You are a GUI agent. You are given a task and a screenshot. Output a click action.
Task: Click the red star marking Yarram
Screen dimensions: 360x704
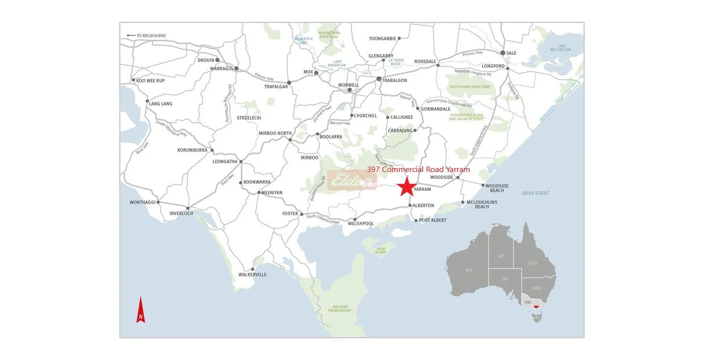[x=406, y=187]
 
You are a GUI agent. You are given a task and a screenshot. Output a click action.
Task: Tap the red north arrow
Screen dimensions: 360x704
[x=141, y=310]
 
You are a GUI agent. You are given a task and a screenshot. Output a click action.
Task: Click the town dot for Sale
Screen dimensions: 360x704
[x=503, y=53]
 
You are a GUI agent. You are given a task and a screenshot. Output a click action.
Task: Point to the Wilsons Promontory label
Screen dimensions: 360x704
[x=339, y=309]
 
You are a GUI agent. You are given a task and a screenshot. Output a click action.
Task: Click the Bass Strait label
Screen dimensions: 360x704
[x=535, y=193]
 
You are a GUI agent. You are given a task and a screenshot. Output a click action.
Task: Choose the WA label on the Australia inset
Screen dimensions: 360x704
[x=469, y=270]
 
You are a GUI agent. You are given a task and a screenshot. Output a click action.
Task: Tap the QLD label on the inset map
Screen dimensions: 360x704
[x=533, y=263]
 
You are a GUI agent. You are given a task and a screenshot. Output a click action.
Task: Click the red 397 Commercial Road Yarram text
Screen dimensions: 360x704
[x=418, y=170]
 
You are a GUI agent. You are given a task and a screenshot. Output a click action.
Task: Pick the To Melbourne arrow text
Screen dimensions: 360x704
[x=147, y=36]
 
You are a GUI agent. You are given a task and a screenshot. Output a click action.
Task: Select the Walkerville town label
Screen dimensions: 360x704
[x=252, y=274]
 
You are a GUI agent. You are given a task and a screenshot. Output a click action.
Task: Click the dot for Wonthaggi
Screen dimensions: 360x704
[x=158, y=202]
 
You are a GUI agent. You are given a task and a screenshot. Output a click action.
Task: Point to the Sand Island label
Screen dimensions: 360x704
[x=380, y=250]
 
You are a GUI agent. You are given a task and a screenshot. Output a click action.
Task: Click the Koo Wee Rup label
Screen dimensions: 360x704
[x=151, y=81]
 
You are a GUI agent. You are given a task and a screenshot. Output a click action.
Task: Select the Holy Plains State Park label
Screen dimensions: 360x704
[x=470, y=87]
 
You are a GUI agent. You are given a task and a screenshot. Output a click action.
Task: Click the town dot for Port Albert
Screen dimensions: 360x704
[x=416, y=220]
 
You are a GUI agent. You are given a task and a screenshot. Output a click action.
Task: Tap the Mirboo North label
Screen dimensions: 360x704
[x=275, y=133]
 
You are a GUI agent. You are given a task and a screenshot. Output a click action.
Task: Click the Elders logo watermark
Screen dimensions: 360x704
[x=352, y=180]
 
